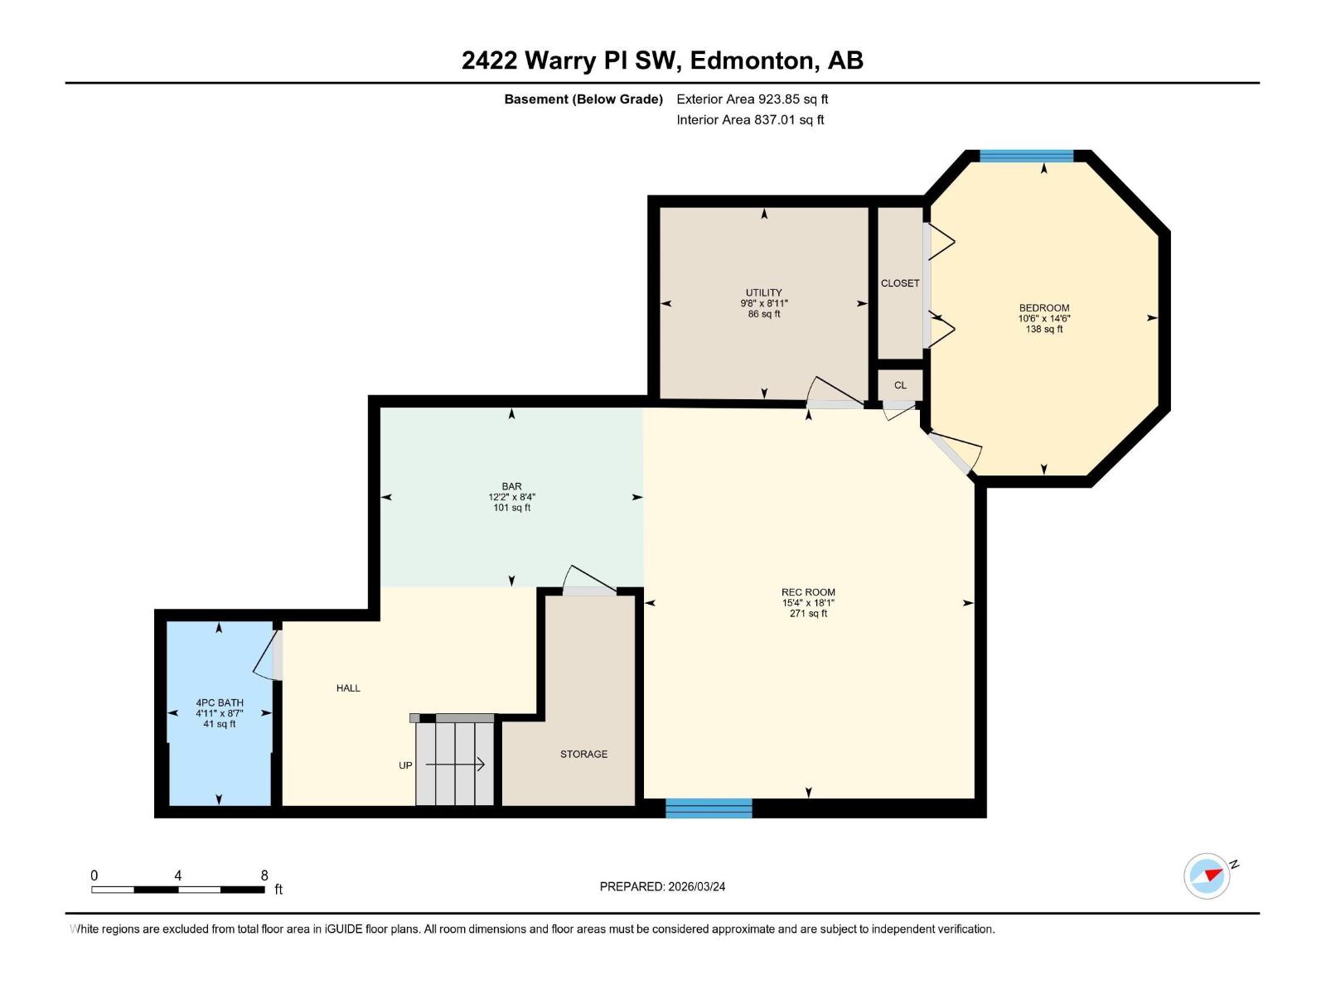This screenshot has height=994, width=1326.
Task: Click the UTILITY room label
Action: click(763, 292)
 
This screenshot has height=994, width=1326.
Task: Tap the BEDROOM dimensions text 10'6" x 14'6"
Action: click(1043, 318)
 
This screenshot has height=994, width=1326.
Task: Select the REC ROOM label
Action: click(808, 592)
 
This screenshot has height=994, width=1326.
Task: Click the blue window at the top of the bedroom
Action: click(1026, 156)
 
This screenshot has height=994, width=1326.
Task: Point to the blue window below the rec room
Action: click(709, 808)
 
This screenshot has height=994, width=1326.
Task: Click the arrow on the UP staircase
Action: click(456, 765)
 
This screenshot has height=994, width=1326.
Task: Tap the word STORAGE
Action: click(583, 754)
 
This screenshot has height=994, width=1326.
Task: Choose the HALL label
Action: click(348, 688)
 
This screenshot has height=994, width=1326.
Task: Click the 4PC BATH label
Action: click(220, 702)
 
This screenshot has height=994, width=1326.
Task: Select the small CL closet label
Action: click(900, 385)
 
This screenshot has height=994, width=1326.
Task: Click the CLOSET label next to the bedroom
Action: click(900, 283)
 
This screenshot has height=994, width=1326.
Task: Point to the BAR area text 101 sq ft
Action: click(511, 508)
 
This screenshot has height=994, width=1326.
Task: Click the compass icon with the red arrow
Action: click(1207, 876)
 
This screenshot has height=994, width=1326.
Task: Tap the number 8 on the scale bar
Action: click(264, 876)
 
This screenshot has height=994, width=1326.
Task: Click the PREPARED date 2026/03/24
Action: click(694, 886)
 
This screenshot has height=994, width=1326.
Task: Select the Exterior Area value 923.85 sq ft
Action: click(792, 99)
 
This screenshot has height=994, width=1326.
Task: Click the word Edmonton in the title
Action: click(753, 60)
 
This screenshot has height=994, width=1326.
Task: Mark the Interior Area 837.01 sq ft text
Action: click(788, 120)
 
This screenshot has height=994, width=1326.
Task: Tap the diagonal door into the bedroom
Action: click(955, 451)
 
